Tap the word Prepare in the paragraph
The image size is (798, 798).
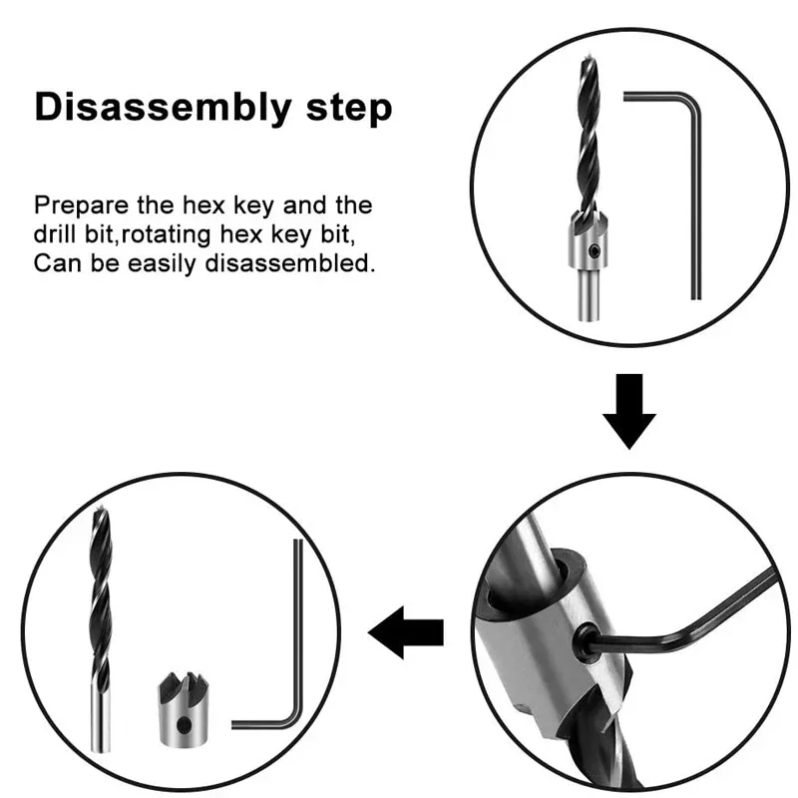[81, 206]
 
